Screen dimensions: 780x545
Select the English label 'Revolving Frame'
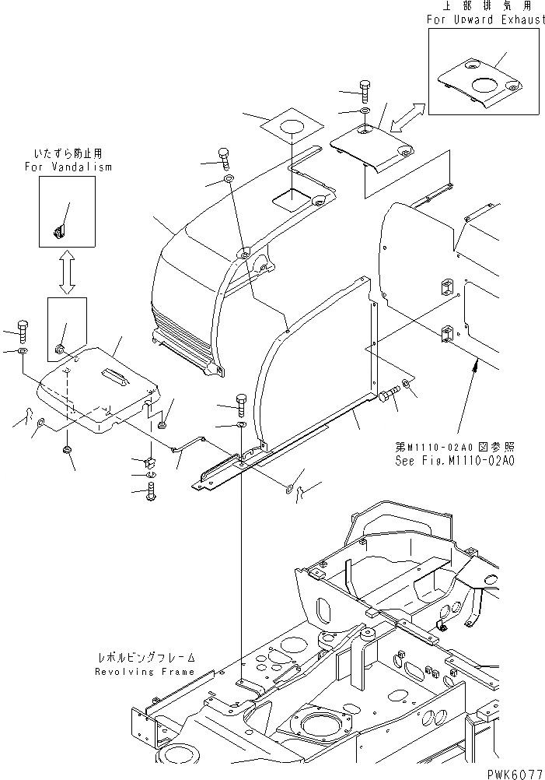(x=144, y=671)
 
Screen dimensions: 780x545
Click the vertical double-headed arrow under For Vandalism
(x=68, y=271)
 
